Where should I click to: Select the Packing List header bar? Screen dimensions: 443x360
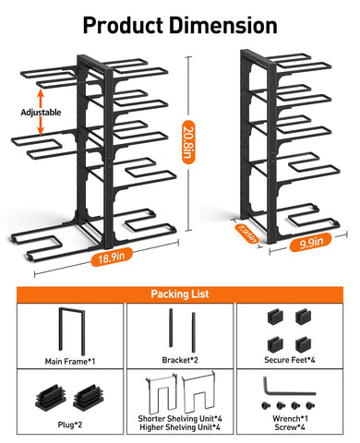(x=180, y=293)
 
